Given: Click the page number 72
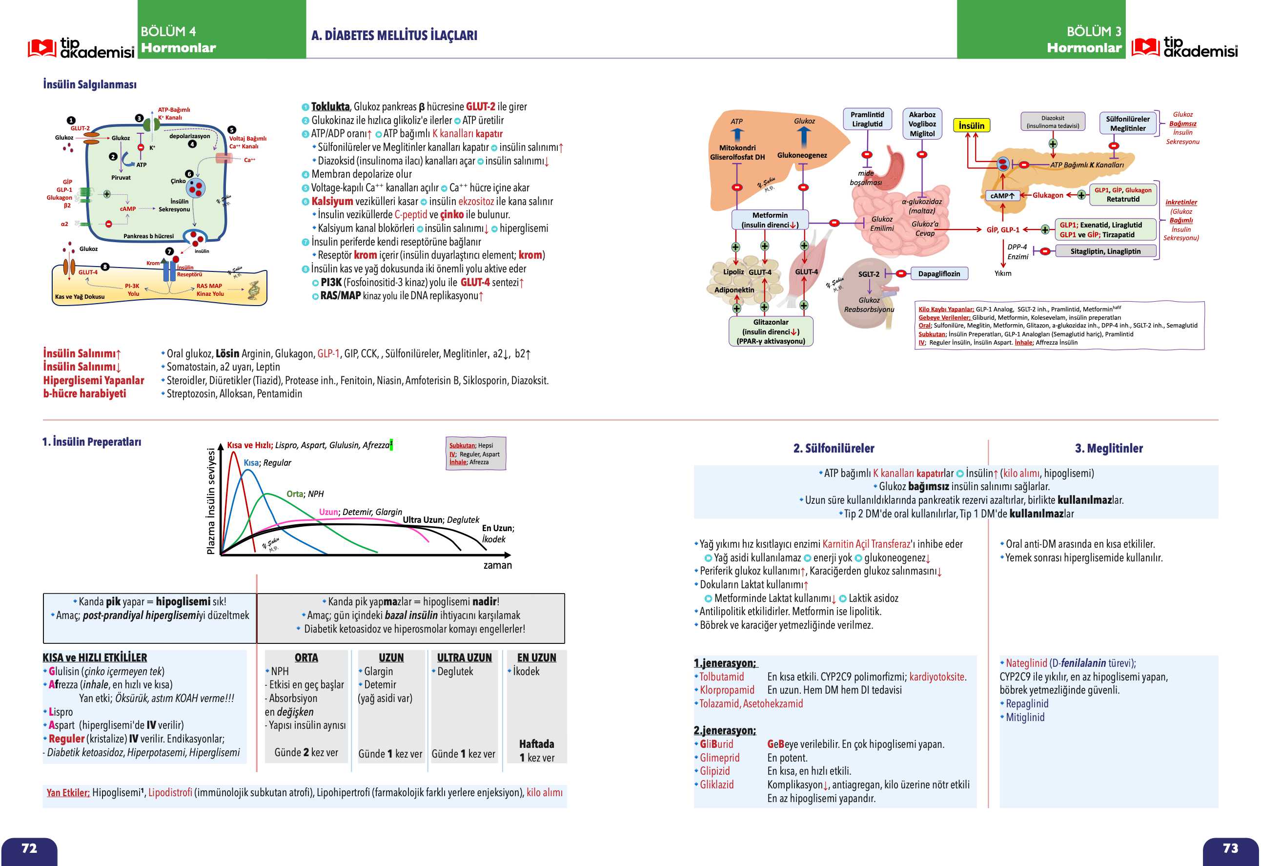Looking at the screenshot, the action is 29,848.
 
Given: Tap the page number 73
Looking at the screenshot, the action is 1230,848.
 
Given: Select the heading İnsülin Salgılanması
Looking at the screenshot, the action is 90,84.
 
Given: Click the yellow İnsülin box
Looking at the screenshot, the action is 971,126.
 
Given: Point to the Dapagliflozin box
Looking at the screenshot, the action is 939,274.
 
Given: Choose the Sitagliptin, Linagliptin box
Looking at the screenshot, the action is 1105,251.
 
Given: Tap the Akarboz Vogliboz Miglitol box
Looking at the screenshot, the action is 922,124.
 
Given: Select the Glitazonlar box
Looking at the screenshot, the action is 771,331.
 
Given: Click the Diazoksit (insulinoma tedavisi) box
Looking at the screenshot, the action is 1053,122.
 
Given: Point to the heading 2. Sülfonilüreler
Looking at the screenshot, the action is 834,448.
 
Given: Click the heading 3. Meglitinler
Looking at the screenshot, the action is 1109,448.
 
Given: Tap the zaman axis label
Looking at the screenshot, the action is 498,565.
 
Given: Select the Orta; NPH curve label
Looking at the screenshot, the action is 305,494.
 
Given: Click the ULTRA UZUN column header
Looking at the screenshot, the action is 465,658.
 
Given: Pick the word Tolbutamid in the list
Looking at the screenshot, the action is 722,677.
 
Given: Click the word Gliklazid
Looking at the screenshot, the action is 716,784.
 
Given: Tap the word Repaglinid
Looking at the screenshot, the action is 1027,704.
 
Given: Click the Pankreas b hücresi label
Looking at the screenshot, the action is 148,236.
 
